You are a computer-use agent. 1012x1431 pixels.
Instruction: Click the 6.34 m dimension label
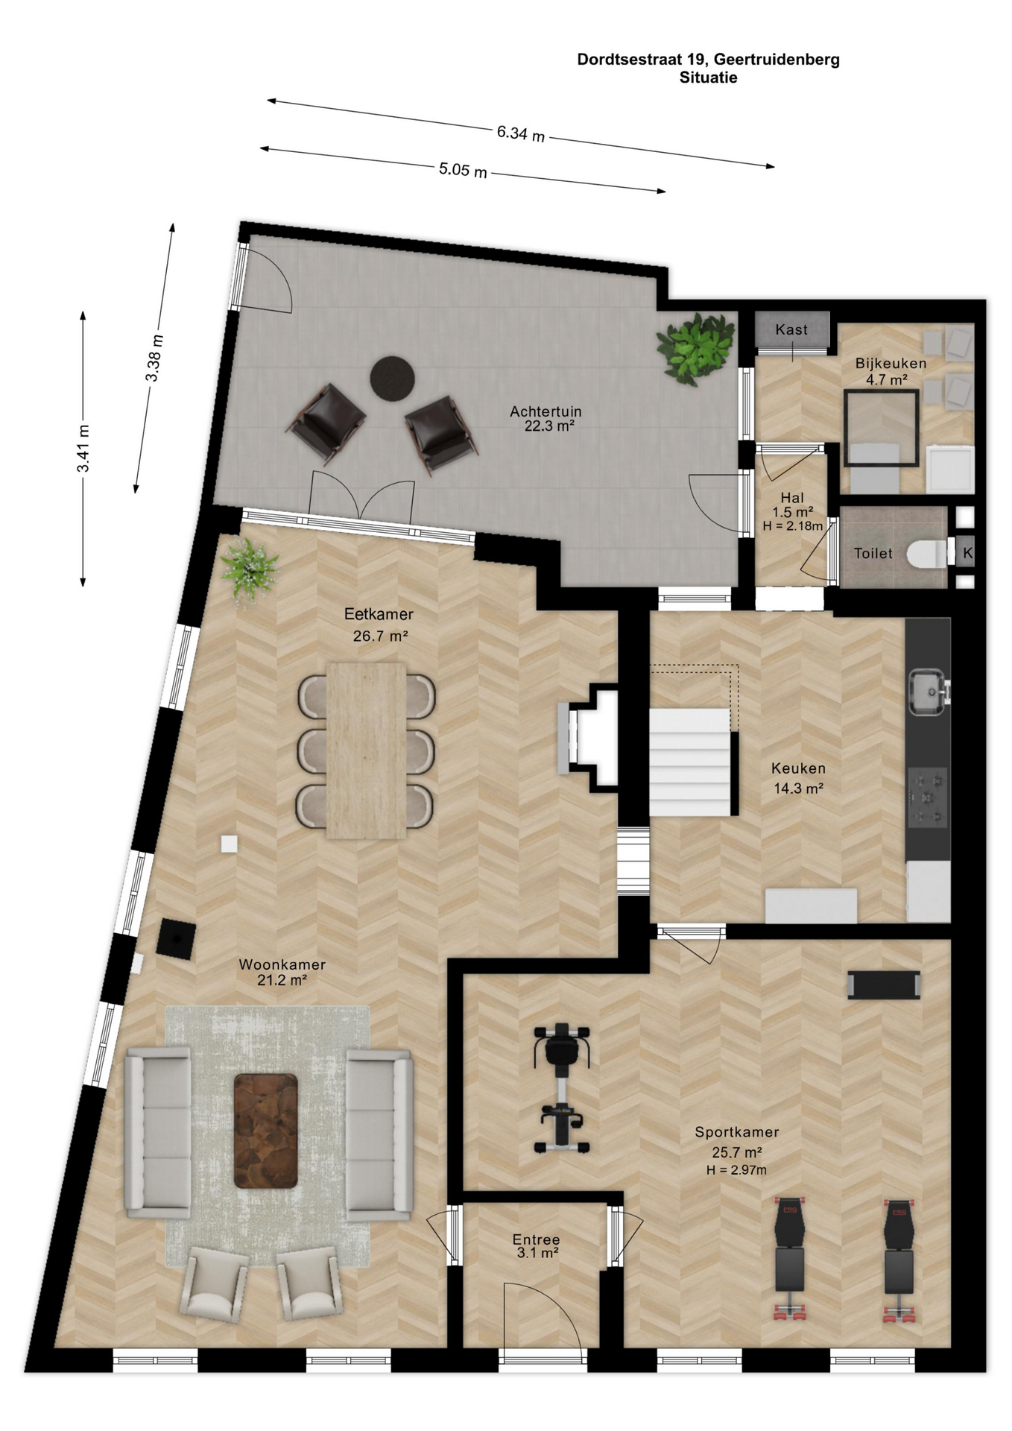point(521,133)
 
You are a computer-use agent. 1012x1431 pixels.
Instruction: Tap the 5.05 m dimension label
point(463,170)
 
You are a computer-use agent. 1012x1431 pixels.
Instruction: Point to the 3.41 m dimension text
point(83,448)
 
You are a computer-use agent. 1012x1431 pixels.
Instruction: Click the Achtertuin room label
point(545,411)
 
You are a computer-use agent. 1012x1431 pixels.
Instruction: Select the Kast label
point(791,329)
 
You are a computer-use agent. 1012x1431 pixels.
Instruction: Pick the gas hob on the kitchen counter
point(927,798)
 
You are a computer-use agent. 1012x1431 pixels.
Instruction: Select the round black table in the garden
point(393,379)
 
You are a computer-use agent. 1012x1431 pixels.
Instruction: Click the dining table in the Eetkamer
point(366,751)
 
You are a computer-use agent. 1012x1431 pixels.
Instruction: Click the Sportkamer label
point(737,1131)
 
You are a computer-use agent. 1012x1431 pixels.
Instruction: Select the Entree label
point(536,1239)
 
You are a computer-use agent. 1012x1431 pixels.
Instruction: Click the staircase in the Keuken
point(689,762)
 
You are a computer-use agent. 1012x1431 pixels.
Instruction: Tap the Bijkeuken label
point(891,364)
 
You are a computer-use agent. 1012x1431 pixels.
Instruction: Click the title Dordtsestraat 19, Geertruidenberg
point(708,60)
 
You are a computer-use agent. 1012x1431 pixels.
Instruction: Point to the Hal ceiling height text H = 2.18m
point(792,526)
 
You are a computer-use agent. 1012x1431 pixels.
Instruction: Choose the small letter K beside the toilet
point(967,553)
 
